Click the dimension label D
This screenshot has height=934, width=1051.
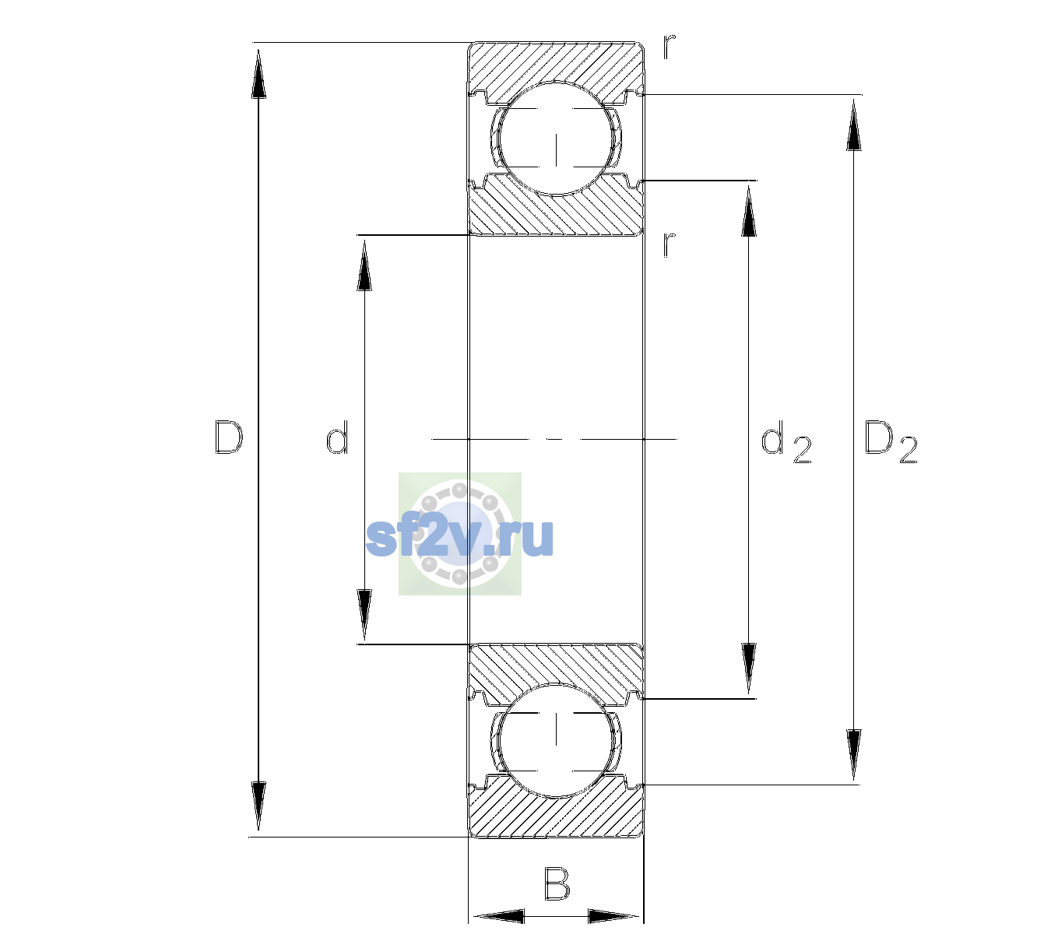pos(229,437)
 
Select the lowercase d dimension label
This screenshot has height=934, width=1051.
pos(337,437)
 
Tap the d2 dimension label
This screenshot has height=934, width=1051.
pos(786,442)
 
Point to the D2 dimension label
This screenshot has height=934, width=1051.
pos(891,442)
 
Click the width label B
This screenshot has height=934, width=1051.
pos(557,883)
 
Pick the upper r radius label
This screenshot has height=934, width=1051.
pos(670,47)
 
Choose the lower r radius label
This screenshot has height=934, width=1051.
pos(670,244)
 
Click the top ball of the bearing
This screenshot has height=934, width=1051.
pos(556,139)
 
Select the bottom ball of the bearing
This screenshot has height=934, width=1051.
pos(556,740)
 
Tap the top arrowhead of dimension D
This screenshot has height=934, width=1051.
pos(259,73)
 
